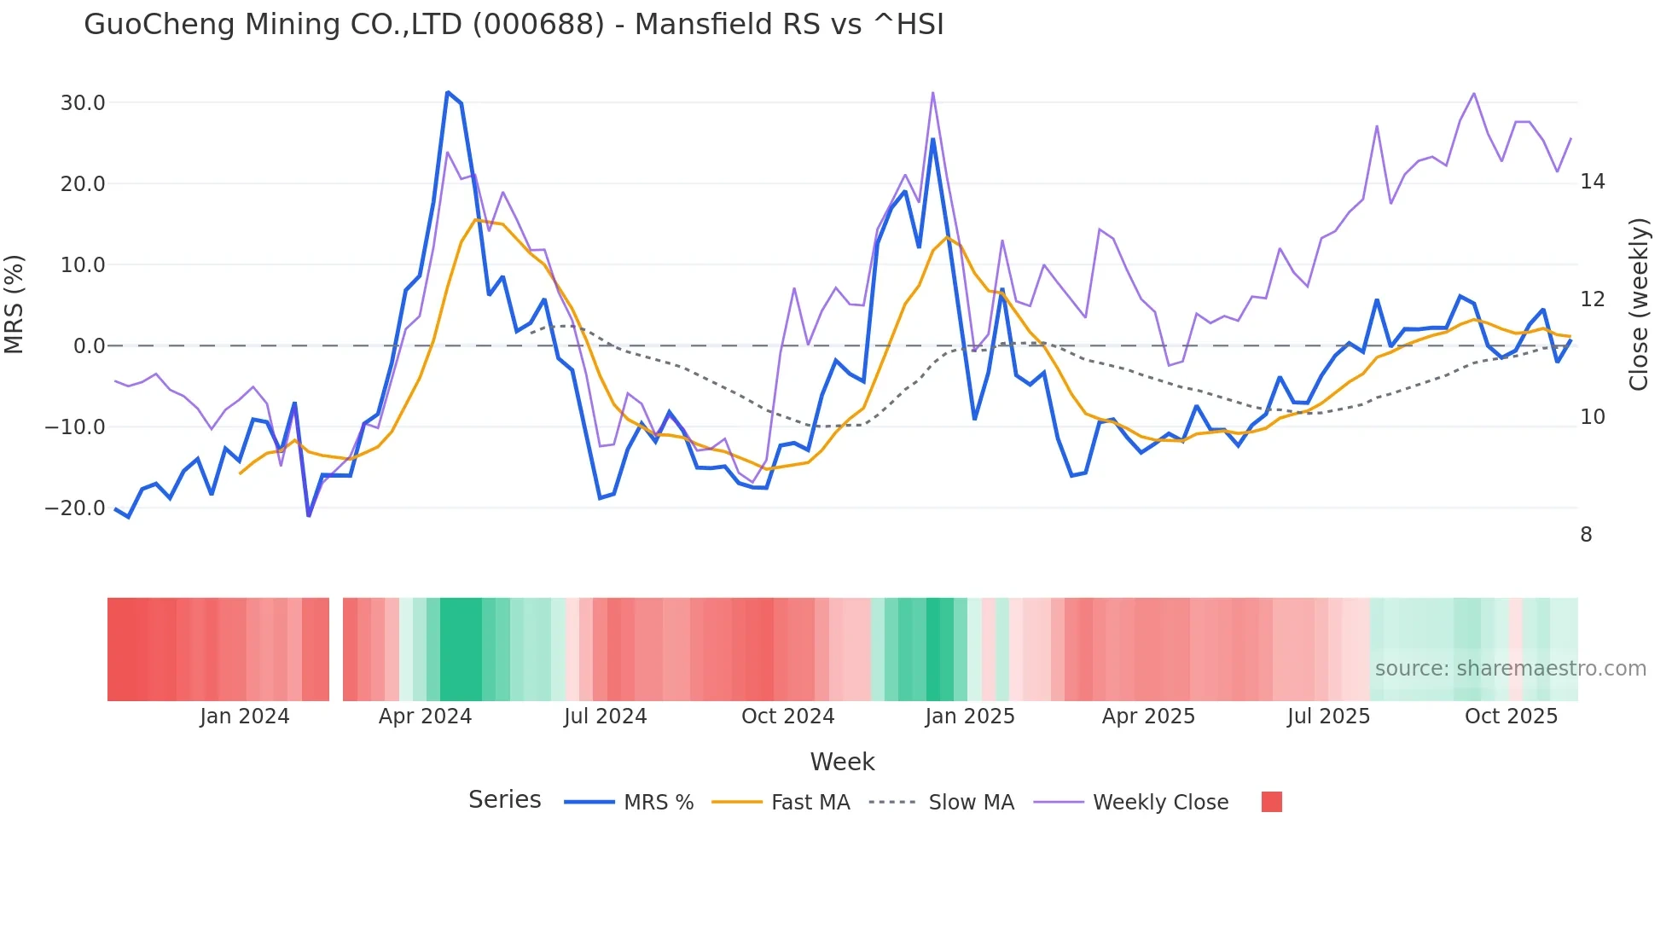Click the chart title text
click(514, 25)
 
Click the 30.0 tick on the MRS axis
click(83, 103)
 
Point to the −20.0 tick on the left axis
click(75, 508)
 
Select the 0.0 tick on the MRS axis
click(89, 346)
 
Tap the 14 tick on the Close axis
click(1592, 182)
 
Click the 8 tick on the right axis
click(1586, 535)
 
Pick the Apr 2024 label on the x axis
click(425, 717)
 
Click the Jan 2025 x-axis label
click(970, 717)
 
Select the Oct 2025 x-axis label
click(1511, 717)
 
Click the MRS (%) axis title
click(15, 304)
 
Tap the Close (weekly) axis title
click(1639, 305)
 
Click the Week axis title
click(842, 762)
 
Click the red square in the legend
click(1271, 802)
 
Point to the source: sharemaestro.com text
click(1510, 669)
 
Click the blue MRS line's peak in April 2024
click(447, 92)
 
